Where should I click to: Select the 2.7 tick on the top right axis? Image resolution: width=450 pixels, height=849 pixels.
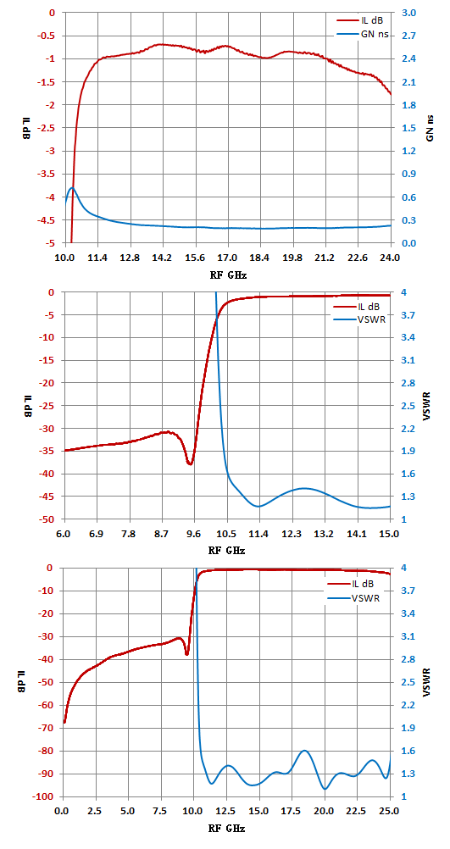click(409, 36)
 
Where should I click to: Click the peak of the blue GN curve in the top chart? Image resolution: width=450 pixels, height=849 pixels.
click(72, 187)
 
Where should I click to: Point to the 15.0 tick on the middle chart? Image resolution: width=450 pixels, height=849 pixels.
click(390, 533)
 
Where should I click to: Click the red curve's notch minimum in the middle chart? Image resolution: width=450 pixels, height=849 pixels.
click(190, 463)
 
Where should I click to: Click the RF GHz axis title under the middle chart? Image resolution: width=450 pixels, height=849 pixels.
click(227, 551)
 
